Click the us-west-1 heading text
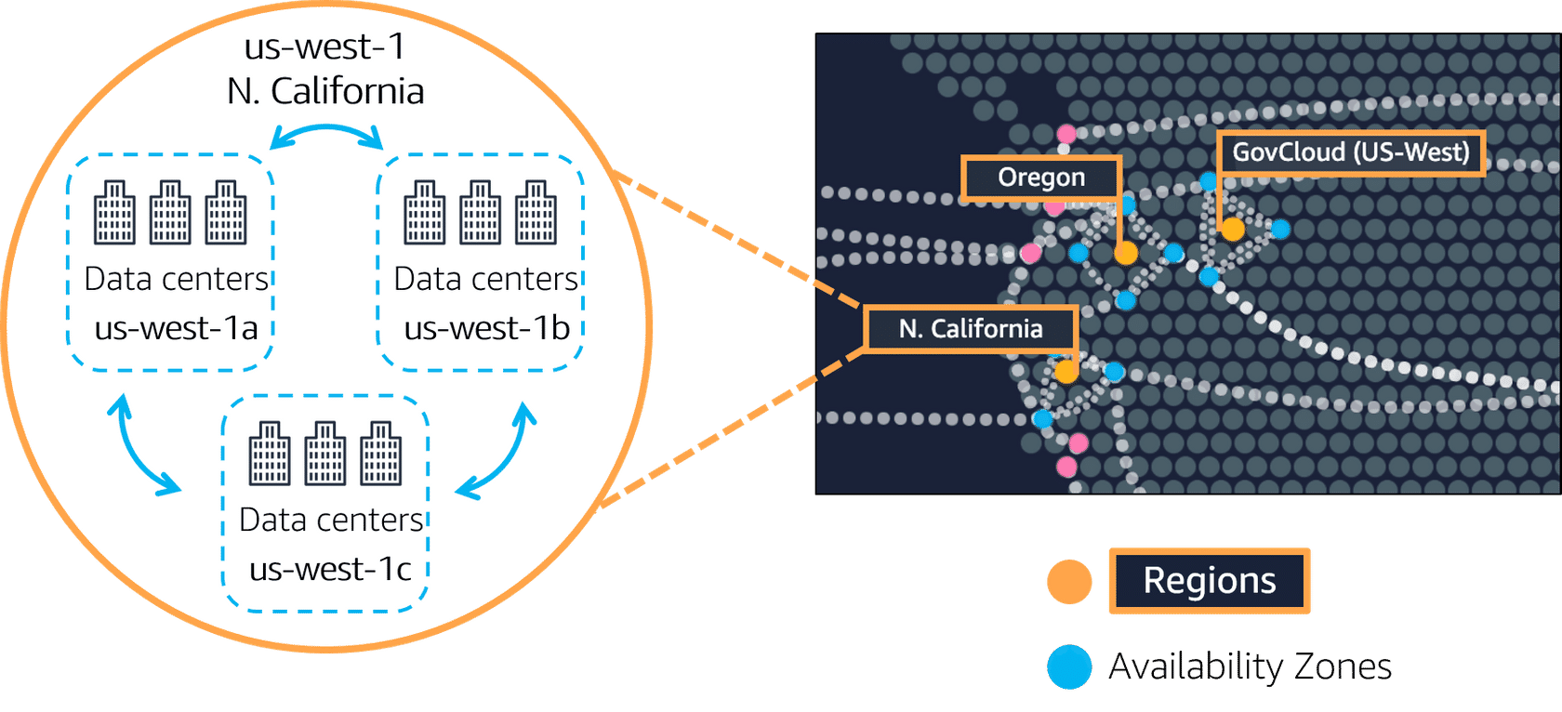[324, 46]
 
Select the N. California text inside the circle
[325, 91]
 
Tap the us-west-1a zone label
[176, 328]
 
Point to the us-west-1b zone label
[486, 328]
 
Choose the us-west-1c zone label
[330, 569]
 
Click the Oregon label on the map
[1041, 178]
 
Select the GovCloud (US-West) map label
[1350, 152]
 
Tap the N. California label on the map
[971, 329]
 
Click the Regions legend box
[1209, 581]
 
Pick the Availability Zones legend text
[1251, 666]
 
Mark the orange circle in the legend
[1069, 582]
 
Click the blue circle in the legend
[1069, 666]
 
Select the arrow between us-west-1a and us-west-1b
[326, 132]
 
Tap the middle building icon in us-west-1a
[170, 213]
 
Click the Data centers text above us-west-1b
[486, 279]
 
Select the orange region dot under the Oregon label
[1126, 252]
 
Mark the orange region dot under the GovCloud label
[1233, 229]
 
